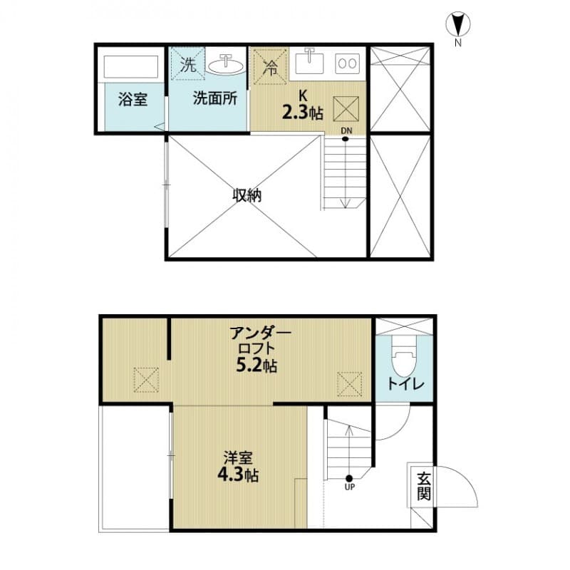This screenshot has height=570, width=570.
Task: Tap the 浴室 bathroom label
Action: (x=133, y=100)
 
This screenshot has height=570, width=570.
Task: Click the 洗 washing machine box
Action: (x=187, y=65)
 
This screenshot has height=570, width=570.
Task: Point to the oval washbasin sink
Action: (x=227, y=66)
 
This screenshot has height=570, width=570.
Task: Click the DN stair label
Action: (x=346, y=130)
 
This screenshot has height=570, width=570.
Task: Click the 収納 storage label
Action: (x=246, y=195)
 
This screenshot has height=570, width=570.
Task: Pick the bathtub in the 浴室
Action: (x=131, y=68)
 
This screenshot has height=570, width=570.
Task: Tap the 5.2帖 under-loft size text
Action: (x=257, y=367)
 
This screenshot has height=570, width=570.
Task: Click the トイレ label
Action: (x=406, y=385)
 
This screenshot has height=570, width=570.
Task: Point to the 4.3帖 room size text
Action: (x=237, y=475)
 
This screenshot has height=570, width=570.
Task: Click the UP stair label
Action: (x=349, y=488)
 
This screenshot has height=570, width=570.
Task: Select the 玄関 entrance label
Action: (x=423, y=486)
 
